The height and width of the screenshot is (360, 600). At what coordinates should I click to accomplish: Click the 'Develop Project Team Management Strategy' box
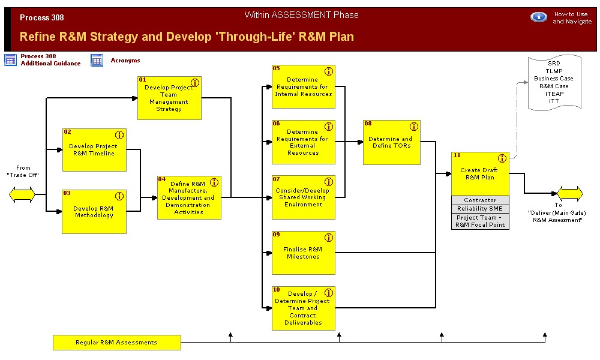(169, 98)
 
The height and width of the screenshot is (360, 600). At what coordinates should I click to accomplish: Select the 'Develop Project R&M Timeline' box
(94, 150)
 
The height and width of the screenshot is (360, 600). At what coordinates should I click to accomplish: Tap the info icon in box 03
(119, 196)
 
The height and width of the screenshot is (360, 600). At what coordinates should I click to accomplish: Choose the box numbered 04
(189, 197)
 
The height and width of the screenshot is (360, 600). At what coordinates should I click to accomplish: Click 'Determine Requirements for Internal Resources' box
(303, 87)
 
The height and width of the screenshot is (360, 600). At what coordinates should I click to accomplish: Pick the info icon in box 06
(328, 127)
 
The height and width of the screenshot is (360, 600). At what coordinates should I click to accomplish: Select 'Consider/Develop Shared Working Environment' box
(303, 197)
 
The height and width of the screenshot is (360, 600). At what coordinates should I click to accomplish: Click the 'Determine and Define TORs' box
(391, 142)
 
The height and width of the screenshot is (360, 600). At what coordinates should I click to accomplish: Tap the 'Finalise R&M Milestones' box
(303, 253)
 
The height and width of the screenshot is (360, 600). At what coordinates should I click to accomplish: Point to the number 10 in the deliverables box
(277, 290)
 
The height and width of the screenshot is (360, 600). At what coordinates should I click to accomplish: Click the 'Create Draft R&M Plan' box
(480, 173)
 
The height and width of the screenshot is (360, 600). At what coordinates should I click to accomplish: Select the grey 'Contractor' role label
(480, 200)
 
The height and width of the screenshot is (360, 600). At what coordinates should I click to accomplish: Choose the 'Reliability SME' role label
(480, 209)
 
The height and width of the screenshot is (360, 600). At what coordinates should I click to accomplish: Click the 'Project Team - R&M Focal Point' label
(480, 221)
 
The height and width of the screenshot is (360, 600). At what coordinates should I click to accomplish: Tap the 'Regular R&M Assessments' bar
(116, 343)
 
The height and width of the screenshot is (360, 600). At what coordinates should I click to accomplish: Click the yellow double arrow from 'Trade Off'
(22, 194)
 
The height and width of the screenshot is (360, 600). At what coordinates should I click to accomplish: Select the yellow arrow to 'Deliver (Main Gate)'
(569, 193)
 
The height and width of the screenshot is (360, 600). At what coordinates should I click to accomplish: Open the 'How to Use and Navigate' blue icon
(538, 17)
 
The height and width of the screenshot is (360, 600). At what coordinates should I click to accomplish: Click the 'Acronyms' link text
(125, 61)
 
